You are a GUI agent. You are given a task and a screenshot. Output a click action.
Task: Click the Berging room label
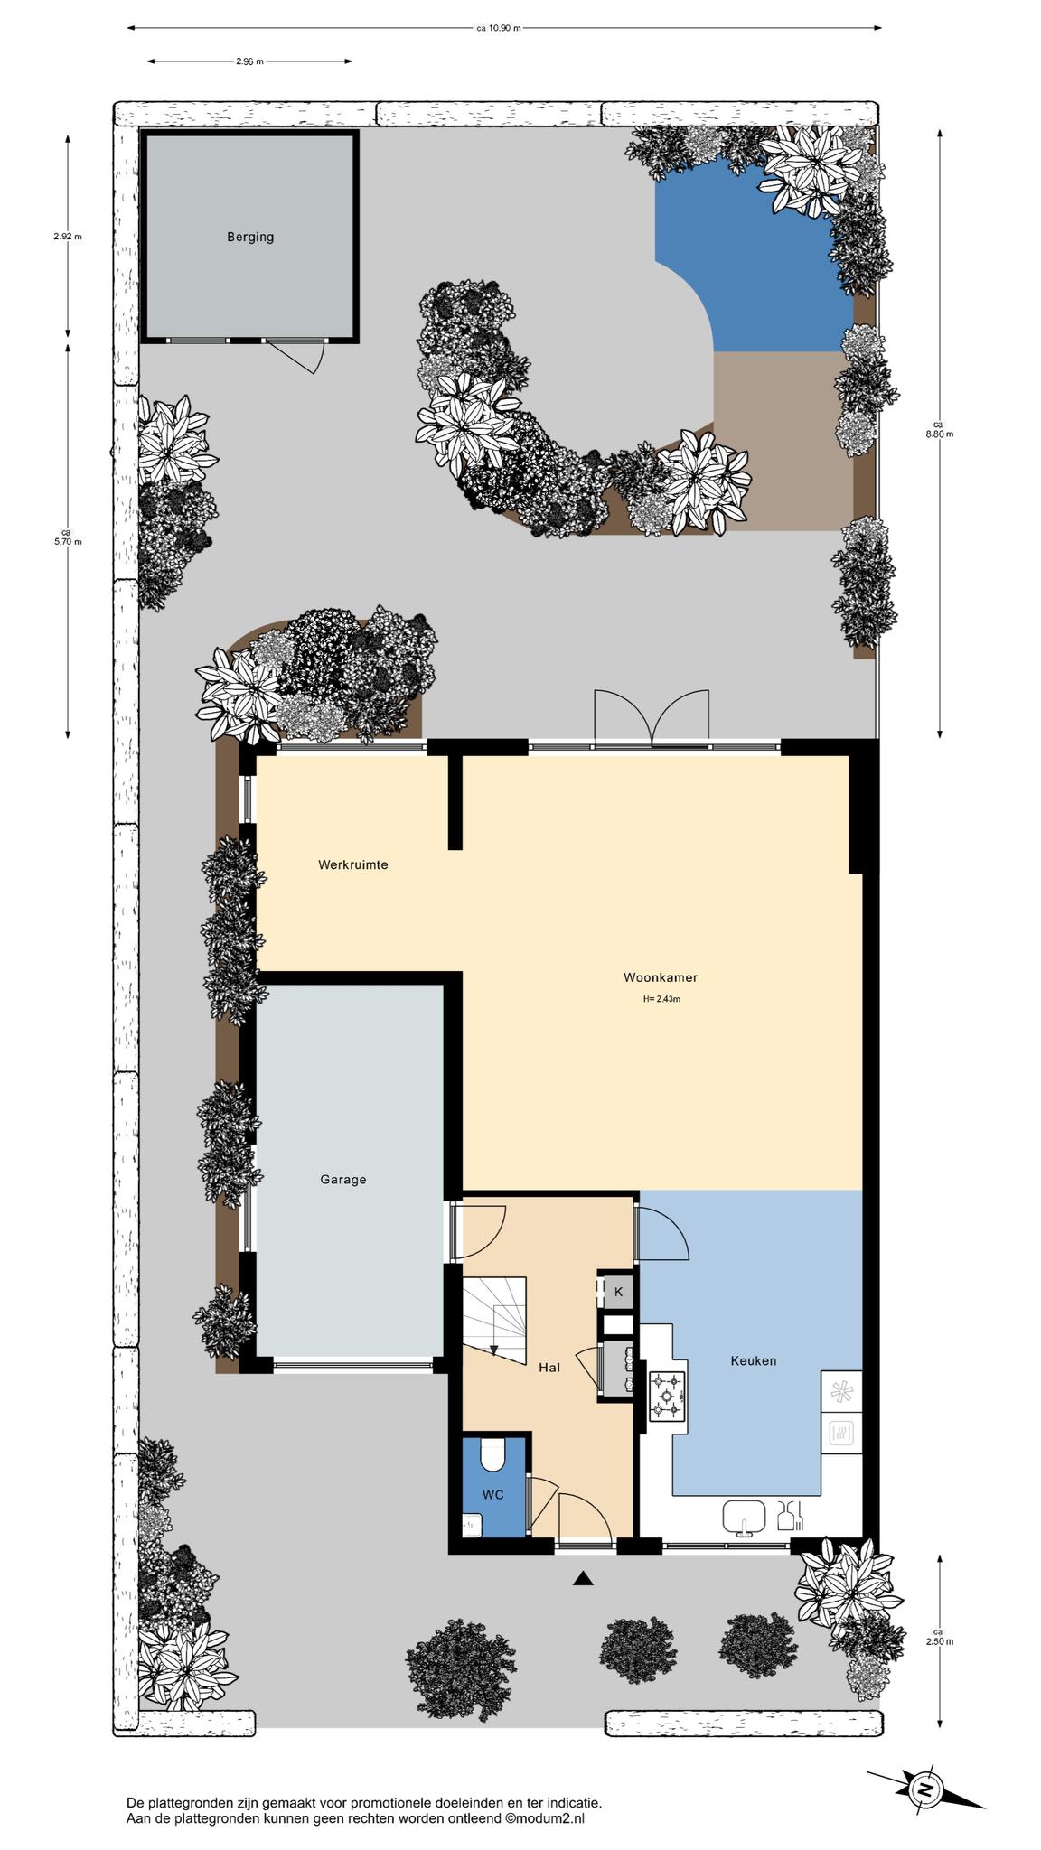[250, 238]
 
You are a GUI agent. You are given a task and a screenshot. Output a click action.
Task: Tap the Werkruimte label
[353, 864]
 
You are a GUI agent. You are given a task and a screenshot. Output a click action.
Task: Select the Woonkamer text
[661, 977]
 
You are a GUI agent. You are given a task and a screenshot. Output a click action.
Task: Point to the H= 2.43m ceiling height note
[661, 999]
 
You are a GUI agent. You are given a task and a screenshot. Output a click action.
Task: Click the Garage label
[343, 1179]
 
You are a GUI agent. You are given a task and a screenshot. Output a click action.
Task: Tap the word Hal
[549, 1368]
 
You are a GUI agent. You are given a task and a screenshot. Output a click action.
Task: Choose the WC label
[492, 1495]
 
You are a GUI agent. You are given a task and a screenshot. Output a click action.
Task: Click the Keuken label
[754, 1360]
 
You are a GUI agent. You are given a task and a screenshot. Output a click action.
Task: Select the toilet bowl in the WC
[493, 1455]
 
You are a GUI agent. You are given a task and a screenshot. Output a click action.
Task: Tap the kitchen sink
[744, 1518]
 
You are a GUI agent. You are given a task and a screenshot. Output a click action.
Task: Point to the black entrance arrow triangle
[584, 1578]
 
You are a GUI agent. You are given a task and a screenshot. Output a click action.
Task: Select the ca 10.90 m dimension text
[499, 28]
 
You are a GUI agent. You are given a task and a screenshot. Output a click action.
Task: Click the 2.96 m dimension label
[249, 61]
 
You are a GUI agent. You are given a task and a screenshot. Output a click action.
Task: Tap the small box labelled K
[619, 1292]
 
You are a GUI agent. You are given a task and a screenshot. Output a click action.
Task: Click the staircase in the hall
[494, 1321]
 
